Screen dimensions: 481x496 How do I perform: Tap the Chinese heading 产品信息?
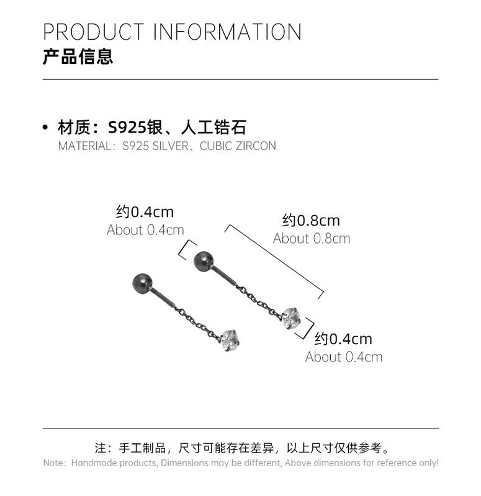[x=78, y=58]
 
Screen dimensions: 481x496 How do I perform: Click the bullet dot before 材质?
[x=45, y=128]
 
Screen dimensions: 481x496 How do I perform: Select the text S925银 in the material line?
[x=136, y=128]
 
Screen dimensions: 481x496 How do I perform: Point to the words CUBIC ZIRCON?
[x=238, y=146]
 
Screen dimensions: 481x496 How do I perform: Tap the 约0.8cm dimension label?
[x=311, y=220]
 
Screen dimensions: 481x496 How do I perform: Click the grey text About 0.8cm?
[x=311, y=239]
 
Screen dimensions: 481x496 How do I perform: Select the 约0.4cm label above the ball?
[x=145, y=211]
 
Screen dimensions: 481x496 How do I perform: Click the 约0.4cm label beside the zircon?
[x=343, y=339]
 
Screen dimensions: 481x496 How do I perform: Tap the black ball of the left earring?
[x=142, y=284]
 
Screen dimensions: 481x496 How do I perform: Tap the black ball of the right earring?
[x=204, y=260]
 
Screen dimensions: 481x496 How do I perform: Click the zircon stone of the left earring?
[x=230, y=339]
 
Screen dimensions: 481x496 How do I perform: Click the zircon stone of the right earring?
[x=291, y=319]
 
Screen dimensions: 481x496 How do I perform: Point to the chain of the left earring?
[x=195, y=321]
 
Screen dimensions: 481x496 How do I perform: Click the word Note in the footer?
[x=54, y=463]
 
